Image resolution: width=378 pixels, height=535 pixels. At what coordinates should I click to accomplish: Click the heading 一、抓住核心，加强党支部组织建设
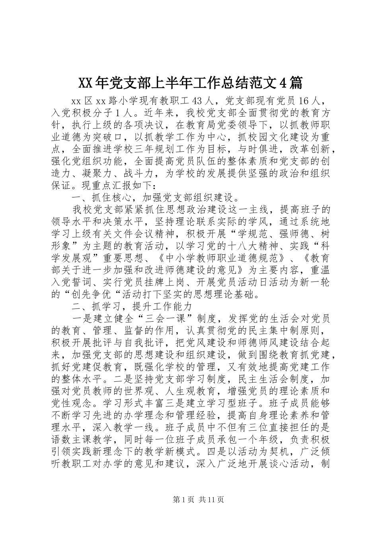tap(156, 197)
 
